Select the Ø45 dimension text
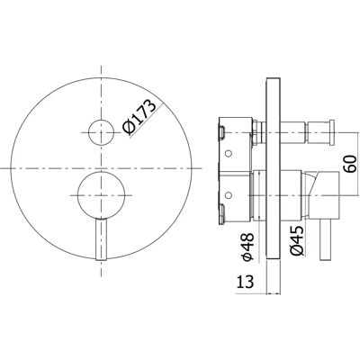coord(296,241)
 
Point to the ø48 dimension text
coord(248,243)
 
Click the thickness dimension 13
coord(246,282)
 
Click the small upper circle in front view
coord(102,132)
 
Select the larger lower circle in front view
coord(102,195)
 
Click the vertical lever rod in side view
coord(325,240)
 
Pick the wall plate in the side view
coord(273,169)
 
